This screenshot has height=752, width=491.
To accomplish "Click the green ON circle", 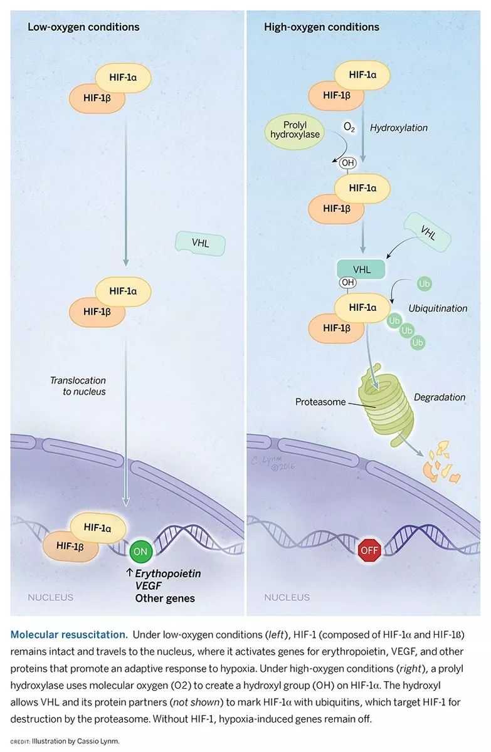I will (141, 551).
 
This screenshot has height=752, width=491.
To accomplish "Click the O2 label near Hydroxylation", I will (350, 127).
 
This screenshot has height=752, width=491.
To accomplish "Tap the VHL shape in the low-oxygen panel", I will (200, 243).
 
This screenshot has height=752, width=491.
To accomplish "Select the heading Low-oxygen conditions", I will (83, 27).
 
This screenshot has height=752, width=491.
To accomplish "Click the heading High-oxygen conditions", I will (322, 27).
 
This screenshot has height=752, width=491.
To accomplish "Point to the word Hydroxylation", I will (399, 128).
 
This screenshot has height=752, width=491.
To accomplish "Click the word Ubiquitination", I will (438, 308).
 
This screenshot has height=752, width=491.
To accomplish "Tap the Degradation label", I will (440, 397).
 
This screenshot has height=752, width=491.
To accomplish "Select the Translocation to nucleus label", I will (78, 386).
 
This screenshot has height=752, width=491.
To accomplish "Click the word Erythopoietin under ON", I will (169, 573).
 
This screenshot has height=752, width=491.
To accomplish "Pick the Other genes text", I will (165, 598).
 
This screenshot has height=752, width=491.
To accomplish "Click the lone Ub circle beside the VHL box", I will (425, 285).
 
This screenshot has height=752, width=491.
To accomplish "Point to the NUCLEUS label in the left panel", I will (50, 598).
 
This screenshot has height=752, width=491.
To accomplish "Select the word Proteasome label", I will (320, 402).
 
